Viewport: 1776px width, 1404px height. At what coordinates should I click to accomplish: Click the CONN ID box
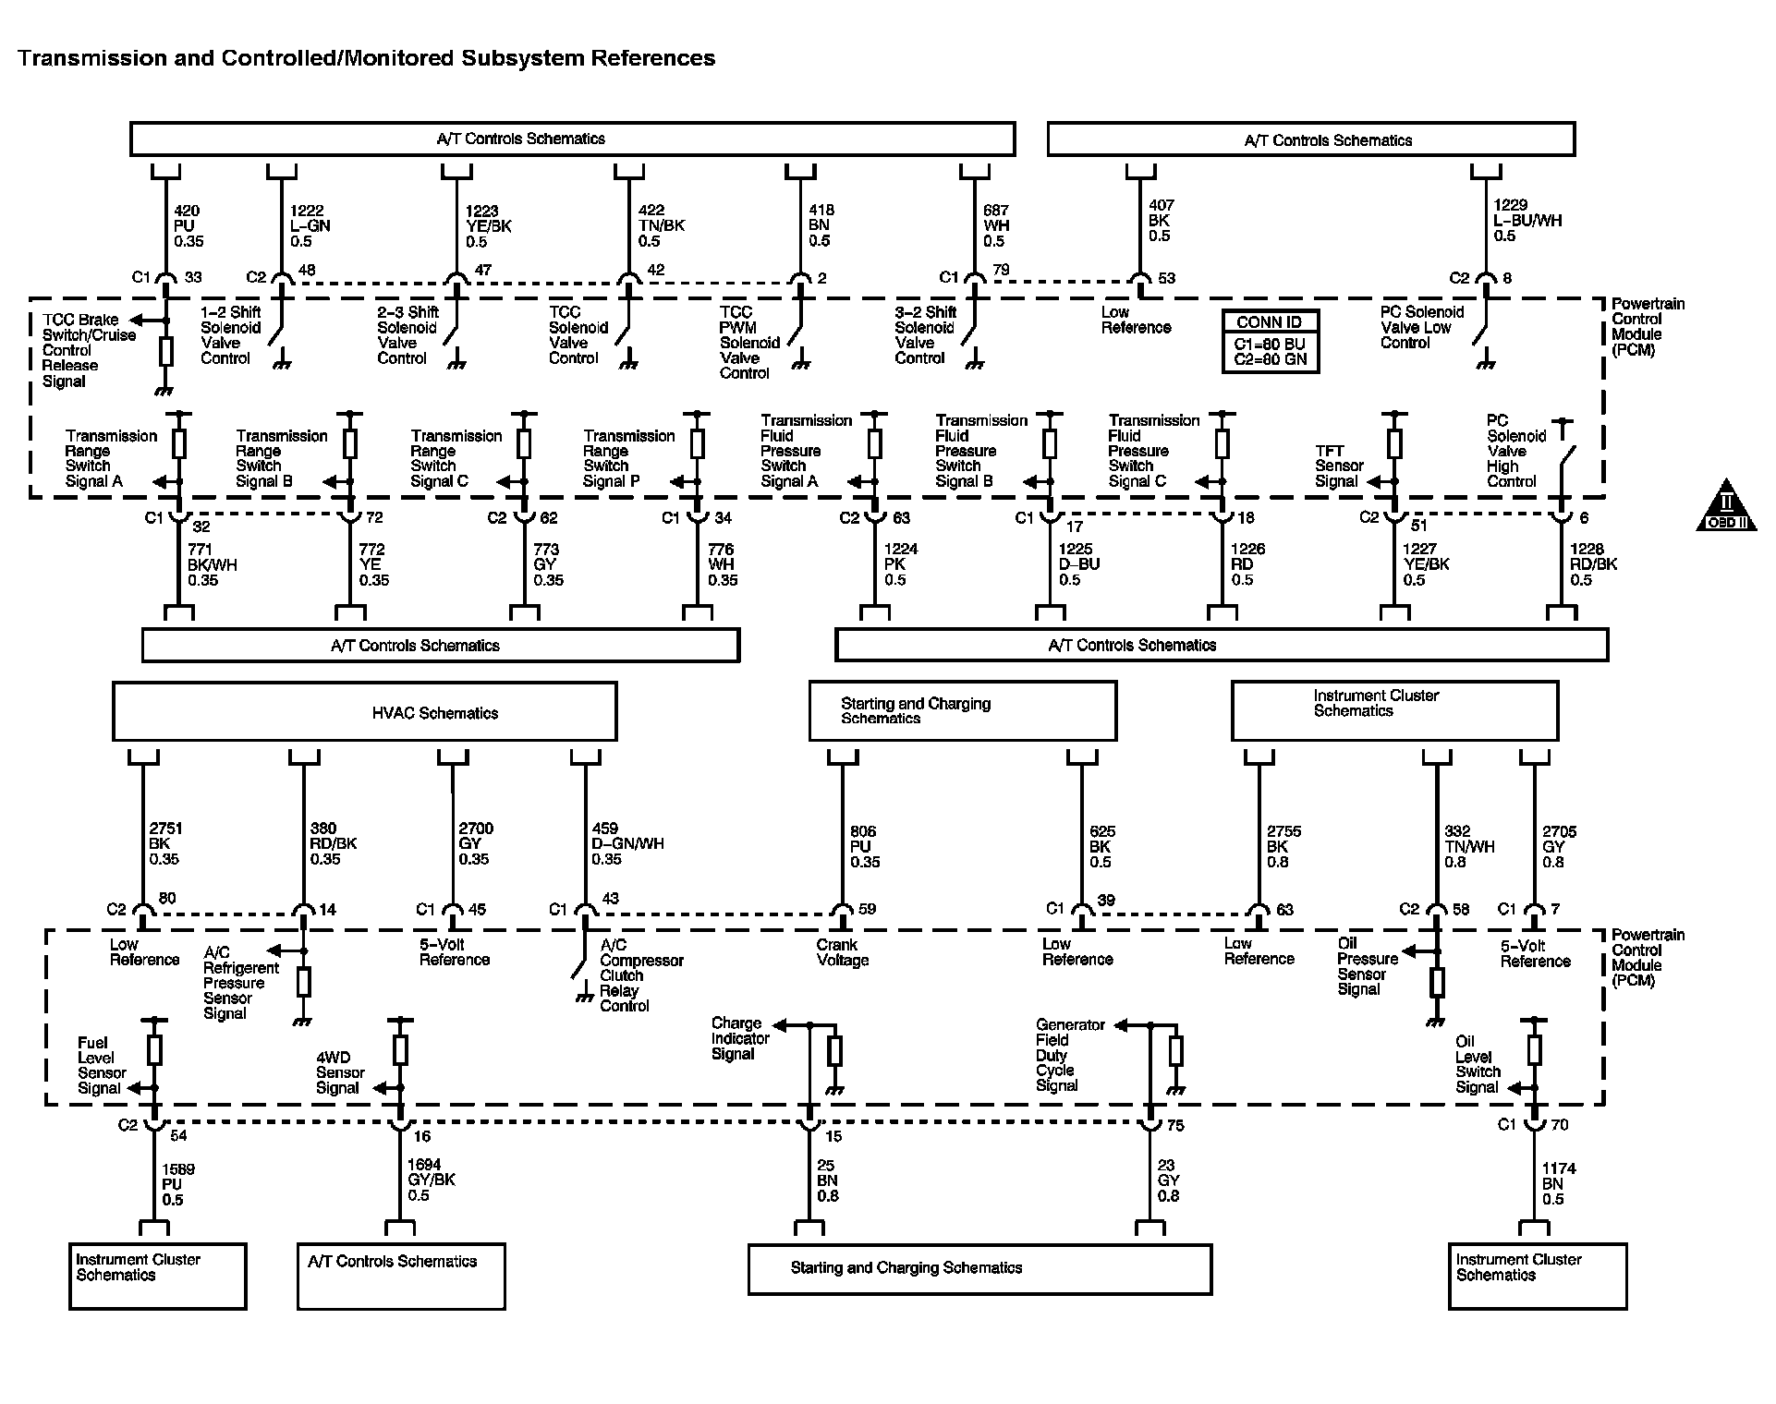[1270, 341]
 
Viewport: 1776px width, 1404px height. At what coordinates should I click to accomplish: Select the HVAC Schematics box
[364, 712]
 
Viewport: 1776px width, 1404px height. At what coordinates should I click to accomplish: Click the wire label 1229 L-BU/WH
[1527, 221]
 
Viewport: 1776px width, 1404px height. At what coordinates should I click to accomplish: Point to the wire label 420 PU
[189, 225]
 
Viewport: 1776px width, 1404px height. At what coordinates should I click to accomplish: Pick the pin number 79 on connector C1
[1002, 270]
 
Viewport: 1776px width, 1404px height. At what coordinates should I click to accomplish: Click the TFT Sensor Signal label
[1338, 466]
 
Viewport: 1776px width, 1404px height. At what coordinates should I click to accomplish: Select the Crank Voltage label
[842, 952]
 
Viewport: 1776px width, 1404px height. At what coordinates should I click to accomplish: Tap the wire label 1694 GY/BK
[431, 1180]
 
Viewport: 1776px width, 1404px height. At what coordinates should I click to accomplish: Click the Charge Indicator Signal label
[739, 1038]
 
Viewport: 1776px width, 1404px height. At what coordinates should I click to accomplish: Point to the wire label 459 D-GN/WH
[626, 843]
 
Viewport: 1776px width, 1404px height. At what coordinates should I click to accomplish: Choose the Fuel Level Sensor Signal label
[101, 1065]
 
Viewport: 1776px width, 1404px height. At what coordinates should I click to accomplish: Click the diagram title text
[366, 58]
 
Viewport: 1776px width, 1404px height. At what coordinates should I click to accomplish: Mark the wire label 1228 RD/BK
[1593, 564]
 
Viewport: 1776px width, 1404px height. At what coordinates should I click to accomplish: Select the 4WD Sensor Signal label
[339, 1072]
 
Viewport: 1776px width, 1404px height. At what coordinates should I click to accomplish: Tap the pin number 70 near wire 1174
[1559, 1124]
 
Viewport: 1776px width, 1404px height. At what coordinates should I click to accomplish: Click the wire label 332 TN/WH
[1468, 846]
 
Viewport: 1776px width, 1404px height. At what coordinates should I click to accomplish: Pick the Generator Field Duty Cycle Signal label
[1069, 1055]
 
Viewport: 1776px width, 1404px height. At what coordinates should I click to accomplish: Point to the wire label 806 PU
[864, 846]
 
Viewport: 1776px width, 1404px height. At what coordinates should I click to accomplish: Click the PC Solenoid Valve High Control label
[1513, 451]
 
